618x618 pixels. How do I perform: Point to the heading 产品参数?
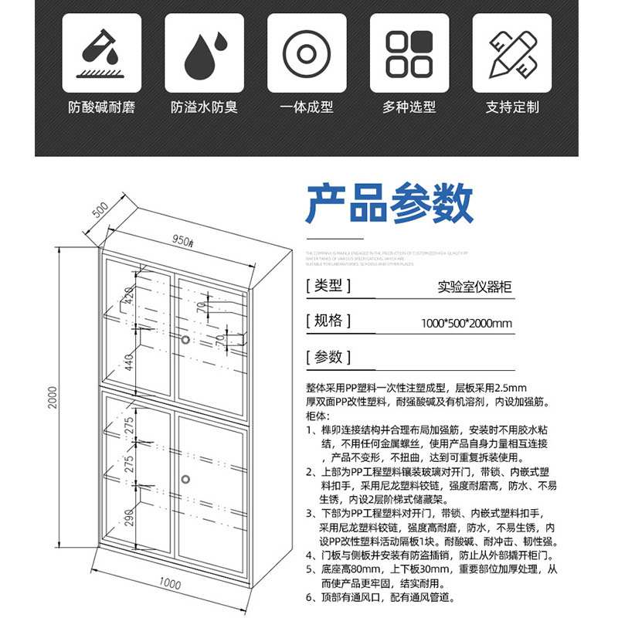(389, 204)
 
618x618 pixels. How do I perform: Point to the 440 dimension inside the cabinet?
(127, 361)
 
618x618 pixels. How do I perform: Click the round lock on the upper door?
(185, 339)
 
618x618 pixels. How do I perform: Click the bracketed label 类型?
(329, 286)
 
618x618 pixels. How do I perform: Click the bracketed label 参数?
(329, 357)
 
